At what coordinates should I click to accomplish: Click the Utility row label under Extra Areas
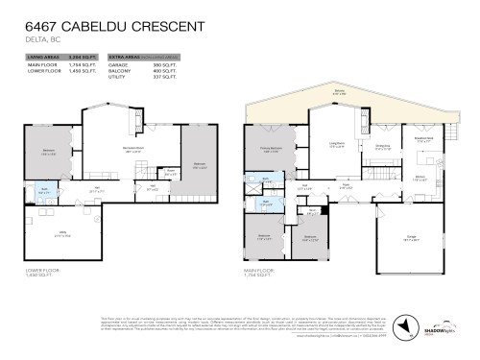point(119,78)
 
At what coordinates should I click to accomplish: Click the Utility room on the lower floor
point(62,236)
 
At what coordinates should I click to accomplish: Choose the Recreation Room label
point(120,148)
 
